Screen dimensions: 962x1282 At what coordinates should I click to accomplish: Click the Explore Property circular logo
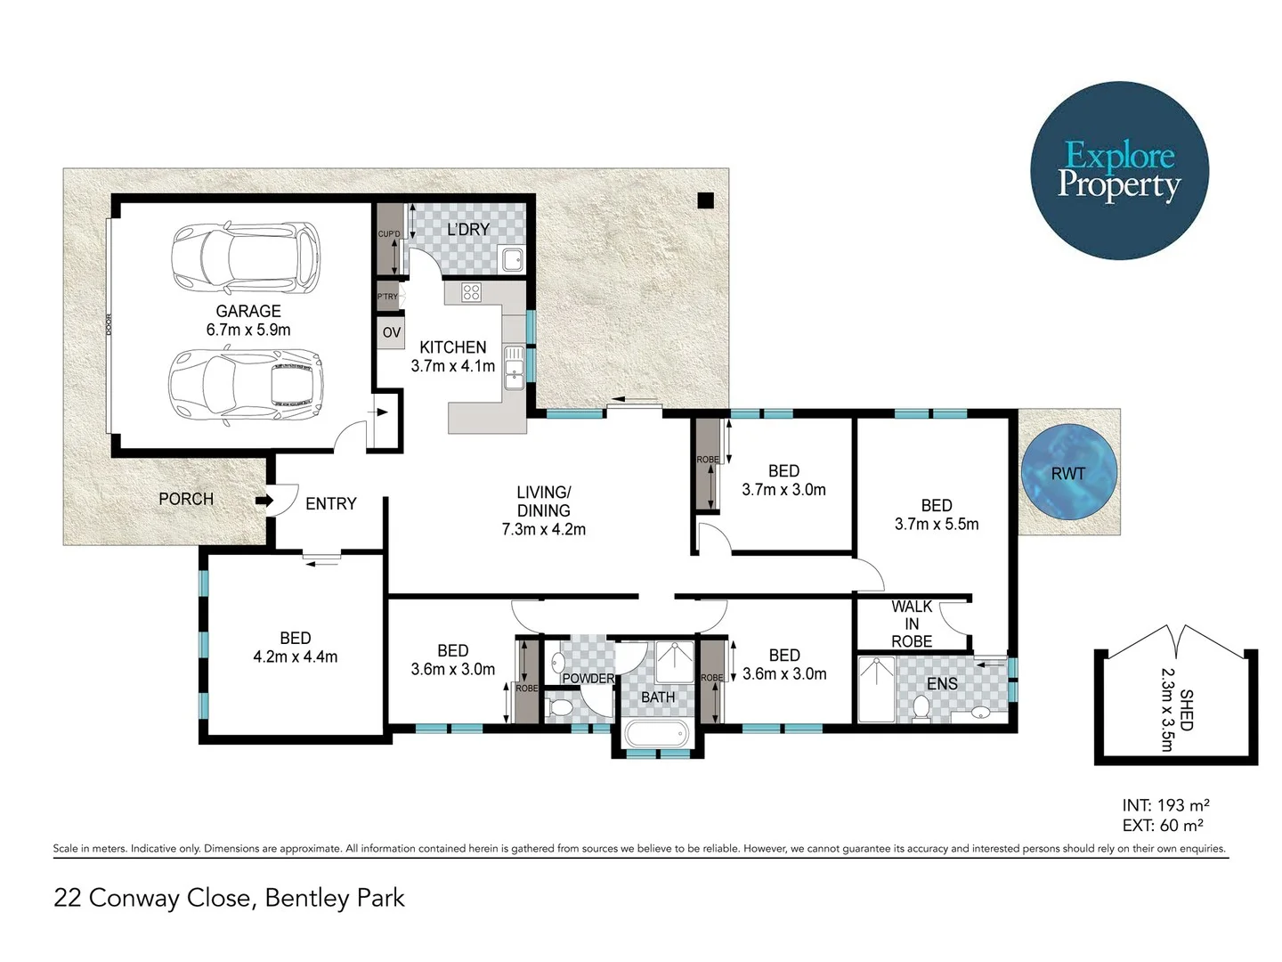click(x=1119, y=170)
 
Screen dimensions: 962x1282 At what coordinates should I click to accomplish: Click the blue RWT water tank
click(x=1067, y=473)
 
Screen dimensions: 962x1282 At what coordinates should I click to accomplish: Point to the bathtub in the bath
click(x=657, y=736)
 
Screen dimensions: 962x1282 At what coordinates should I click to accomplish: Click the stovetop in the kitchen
click(x=471, y=291)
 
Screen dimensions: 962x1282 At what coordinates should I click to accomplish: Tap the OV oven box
click(x=391, y=332)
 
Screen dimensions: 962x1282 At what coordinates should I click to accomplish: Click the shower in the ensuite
click(x=876, y=689)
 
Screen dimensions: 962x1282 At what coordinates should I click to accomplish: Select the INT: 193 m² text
click(x=1164, y=805)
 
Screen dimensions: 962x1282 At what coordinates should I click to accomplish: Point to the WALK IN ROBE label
click(x=912, y=624)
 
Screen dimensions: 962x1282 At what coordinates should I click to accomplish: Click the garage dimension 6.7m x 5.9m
click(x=248, y=330)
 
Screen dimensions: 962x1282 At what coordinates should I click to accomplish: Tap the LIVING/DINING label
click(x=543, y=501)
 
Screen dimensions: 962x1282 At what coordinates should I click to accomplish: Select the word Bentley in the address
click(x=307, y=898)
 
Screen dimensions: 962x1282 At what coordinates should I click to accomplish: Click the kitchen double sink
click(x=514, y=369)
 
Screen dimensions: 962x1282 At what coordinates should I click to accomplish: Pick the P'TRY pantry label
click(x=387, y=297)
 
